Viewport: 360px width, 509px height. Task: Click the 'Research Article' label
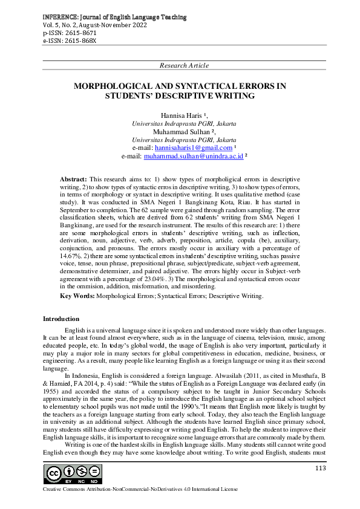click(184, 65)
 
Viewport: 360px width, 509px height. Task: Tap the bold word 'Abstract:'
click(73, 180)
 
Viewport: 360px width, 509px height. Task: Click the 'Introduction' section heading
click(61, 319)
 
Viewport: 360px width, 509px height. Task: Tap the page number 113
click(321, 468)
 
